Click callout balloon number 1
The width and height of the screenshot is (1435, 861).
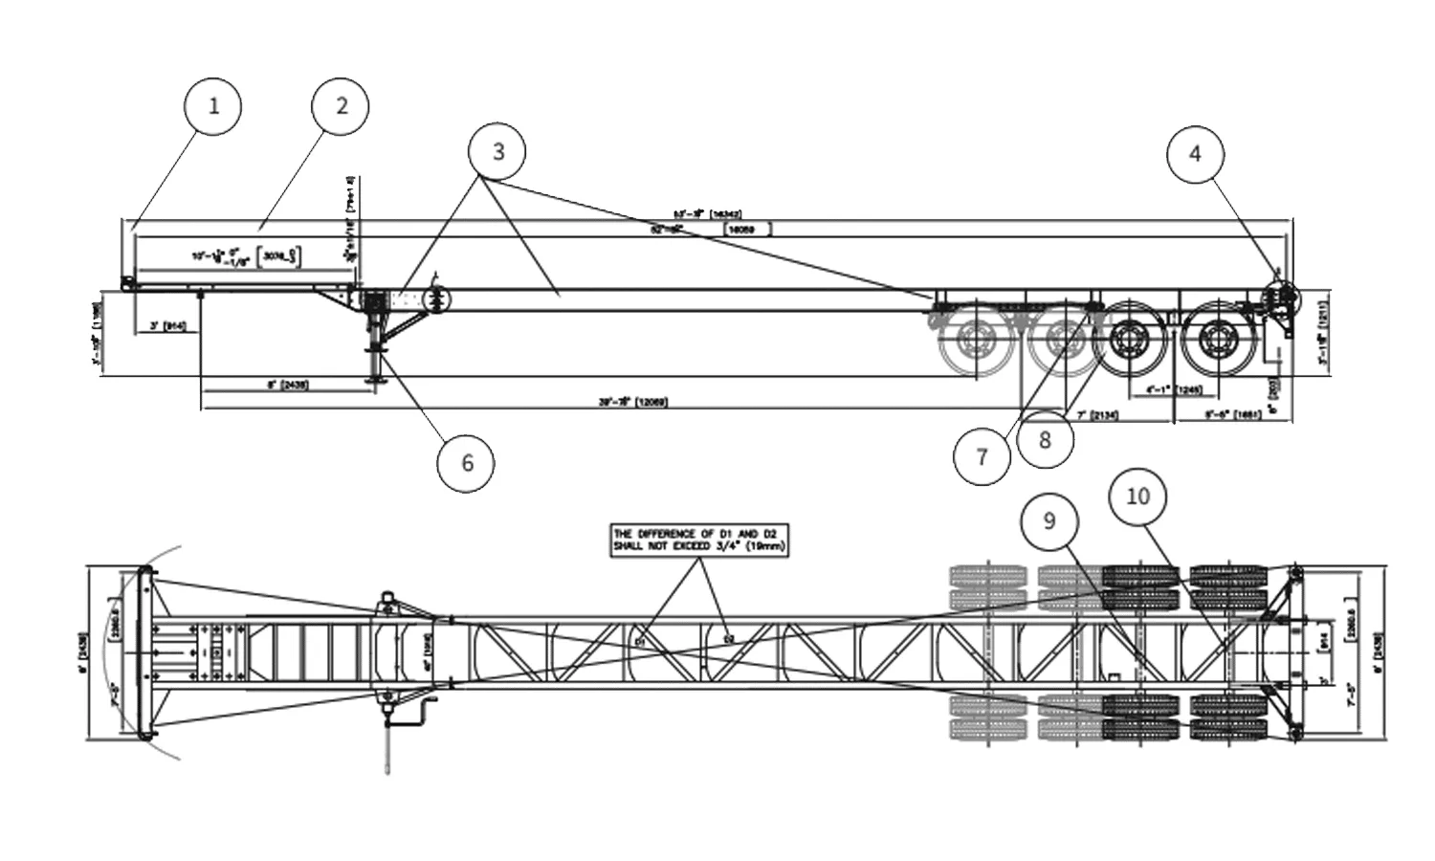(213, 105)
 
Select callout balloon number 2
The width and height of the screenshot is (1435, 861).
(341, 105)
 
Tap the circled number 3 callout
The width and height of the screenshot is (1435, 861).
(497, 151)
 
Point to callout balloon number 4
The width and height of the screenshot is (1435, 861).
(1195, 153)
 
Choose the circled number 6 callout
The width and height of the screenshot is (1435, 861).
(467, 463)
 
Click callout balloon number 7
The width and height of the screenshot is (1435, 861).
(982, 456)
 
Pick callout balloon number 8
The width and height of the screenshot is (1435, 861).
(1045, 439)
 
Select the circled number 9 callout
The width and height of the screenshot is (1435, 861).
(1049, 520)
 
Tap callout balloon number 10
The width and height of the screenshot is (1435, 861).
(1138, 497)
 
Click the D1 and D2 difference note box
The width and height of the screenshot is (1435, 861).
(700, 541)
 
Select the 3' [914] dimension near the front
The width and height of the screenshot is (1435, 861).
(167, 326)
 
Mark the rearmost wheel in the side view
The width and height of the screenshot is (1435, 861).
(1218, 341)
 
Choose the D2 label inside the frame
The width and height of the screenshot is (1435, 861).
(729, 636)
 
